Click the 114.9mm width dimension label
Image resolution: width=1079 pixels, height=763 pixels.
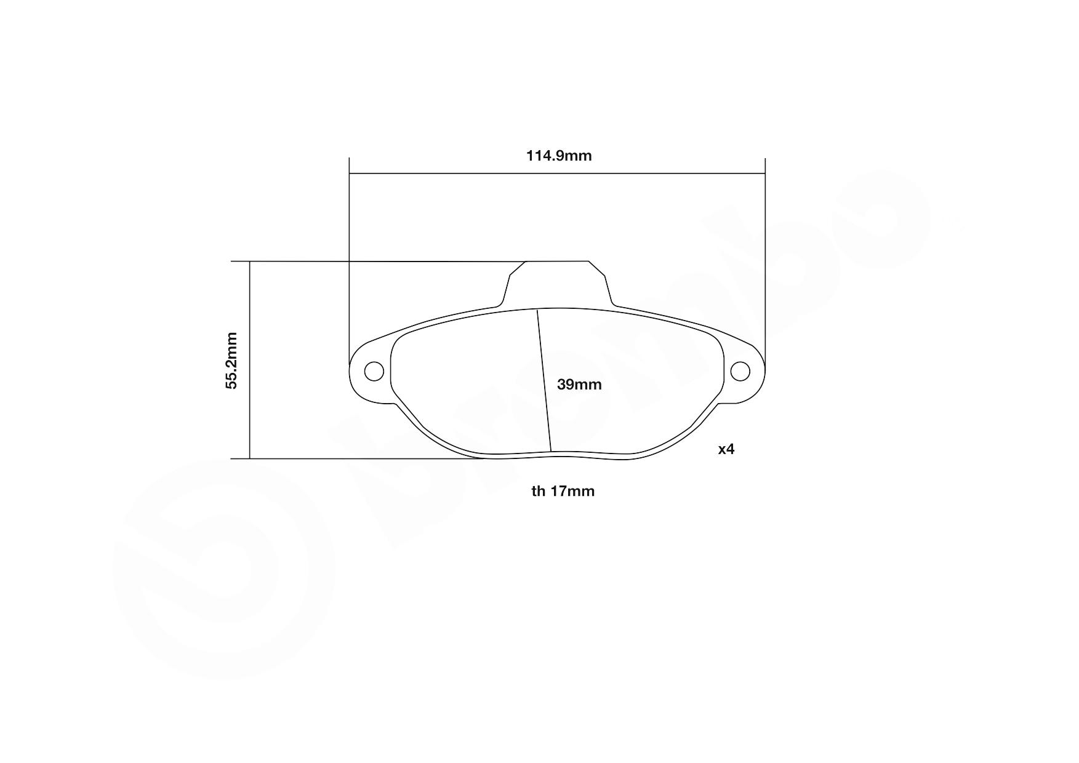pyautogui.click(x=558, y=156)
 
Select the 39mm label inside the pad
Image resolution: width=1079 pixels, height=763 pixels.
pyautogui.click(x=579, y=385)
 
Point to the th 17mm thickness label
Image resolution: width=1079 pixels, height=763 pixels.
pyautogui.click(x=563, y=491)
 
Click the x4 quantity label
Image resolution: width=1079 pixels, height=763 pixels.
pyautogui.click(x=726, y=449)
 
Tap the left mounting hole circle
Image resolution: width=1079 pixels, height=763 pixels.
pyautogui.click(x=374, y=371)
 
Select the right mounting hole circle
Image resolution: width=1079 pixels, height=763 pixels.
pyautogui.click(x=740, y=371)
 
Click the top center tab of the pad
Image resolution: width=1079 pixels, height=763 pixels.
pyautogui.click(x=558, y=283)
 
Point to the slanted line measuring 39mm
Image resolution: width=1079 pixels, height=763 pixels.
pyautogui.click(x=544, y=380)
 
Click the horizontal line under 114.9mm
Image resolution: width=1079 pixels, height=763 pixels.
pyautogui.click(x=557, y=174)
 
